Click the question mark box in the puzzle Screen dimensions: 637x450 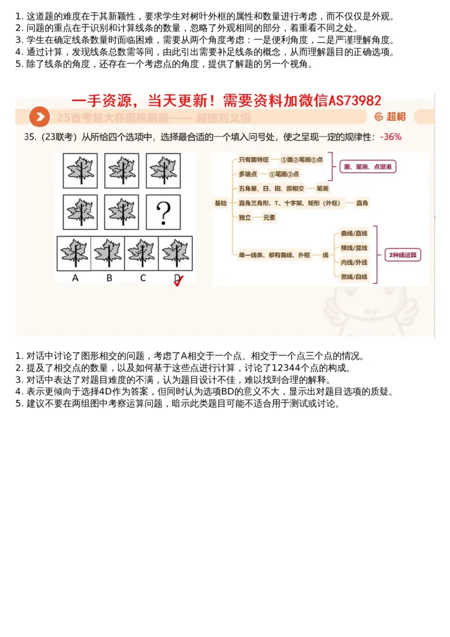pos(163,212)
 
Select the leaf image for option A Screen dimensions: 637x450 pos(74,253)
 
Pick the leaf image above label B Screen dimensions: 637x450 pos(108,253)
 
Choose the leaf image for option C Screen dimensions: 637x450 pos(142,253)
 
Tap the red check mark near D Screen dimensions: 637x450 pos(179,282)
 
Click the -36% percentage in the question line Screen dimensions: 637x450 pos(390,137)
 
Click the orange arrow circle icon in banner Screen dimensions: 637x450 pos(39,117)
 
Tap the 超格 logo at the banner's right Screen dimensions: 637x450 pos(389,117)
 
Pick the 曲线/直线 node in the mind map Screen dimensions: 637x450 pos(353,233)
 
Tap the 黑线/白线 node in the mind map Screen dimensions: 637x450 pos(353,277)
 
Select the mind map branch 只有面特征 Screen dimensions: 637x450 pos(253,160)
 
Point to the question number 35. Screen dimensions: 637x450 pos(30,137)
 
